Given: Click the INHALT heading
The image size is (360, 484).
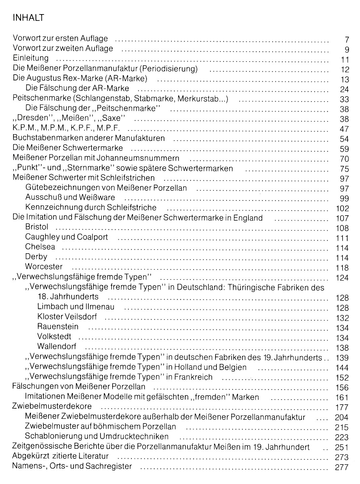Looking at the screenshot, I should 28,17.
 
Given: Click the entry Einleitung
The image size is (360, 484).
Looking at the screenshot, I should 31,58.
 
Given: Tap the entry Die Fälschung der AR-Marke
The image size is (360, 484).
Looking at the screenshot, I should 77,88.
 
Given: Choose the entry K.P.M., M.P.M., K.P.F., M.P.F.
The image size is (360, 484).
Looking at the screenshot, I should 66,128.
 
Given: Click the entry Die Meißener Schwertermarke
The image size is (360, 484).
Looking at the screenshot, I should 68,148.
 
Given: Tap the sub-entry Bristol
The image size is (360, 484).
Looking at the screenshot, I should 37,227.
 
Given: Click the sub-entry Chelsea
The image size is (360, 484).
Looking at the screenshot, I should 40,247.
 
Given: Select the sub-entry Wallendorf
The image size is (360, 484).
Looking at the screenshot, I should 57,346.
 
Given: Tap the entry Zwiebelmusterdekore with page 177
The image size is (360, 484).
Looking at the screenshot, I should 52,407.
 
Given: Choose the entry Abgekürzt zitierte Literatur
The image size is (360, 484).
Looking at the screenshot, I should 61,456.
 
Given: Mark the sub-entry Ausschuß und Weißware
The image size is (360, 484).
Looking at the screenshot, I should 70,197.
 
